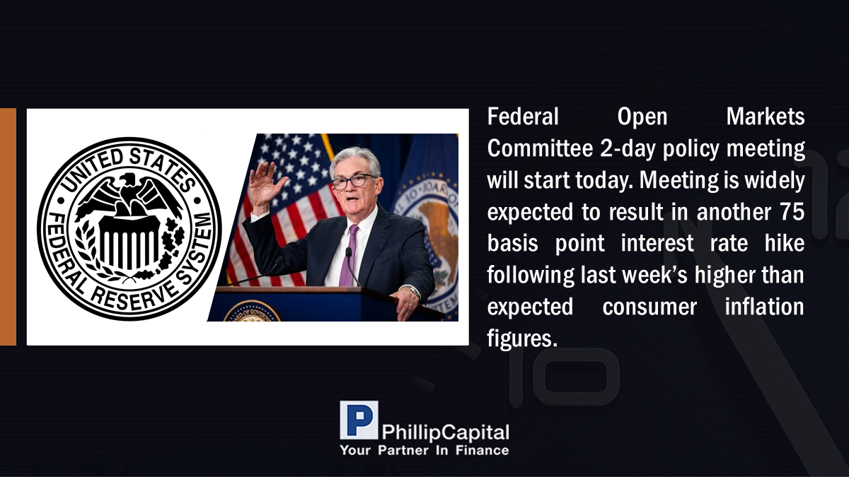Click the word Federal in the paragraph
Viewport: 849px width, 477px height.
pyautogui.click(x=523, y=116)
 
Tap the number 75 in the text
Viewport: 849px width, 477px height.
pyautogui.click(x=792, y=211)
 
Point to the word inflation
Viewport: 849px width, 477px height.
pyautogui.click(x=765, y=307)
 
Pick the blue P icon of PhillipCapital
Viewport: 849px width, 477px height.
pyautogui.click(x=359, y=420)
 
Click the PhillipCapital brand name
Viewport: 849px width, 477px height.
pyautogui.click(x=446, y=432)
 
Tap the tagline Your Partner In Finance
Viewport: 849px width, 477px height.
pyautogui.click(x=424, y=451)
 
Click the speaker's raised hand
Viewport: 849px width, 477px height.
pyautogui.click(x=267, y=184)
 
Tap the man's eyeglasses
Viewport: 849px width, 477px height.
pyautogui.click(x=354, y=182)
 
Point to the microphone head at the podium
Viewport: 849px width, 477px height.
pyautogui.click(x=348, y=252)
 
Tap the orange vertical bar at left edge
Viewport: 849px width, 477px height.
pyautogui.click(x=8, y=227)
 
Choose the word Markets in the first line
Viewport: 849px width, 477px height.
pyautogui.click(x=766, y=116)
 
